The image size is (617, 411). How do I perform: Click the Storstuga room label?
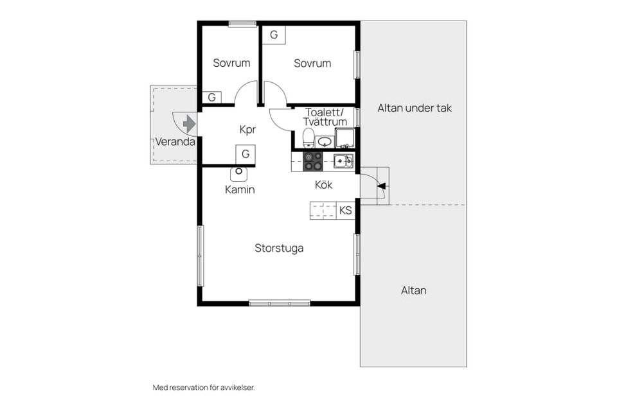279,248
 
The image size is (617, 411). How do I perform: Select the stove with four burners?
313,162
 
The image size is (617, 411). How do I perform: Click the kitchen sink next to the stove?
343,161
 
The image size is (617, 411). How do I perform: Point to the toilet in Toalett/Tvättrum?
308,138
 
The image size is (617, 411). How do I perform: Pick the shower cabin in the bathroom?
344,138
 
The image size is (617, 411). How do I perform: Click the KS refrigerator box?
346,211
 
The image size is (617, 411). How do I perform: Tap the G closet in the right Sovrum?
274,35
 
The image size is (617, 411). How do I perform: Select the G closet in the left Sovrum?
211,97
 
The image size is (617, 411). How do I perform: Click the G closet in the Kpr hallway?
246,153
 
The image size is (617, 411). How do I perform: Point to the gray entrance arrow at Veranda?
189,123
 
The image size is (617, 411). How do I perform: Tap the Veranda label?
175,141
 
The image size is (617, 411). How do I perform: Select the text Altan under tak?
415,108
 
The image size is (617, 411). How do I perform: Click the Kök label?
323,185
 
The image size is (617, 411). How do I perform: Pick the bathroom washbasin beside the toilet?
325,141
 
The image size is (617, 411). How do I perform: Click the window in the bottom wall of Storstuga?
280,303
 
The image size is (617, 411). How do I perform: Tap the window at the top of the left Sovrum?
242,24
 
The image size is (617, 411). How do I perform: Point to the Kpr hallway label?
247,130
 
